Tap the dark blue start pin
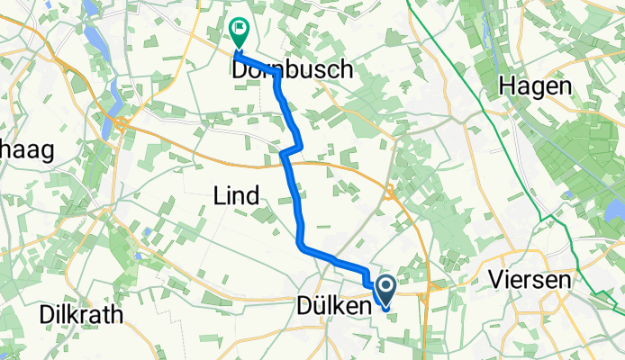click(x=385, y=292)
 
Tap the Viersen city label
click(x=530, y=280)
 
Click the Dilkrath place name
click(x=81, y=314)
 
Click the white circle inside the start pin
click(x=385, y=287)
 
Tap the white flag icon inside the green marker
click(x=240, y=29)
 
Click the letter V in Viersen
click(x=496, y=280)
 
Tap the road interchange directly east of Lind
click(x=390, y=191)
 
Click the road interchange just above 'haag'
click(x=119, y=123)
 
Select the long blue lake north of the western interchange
click(x=115, y=91)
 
